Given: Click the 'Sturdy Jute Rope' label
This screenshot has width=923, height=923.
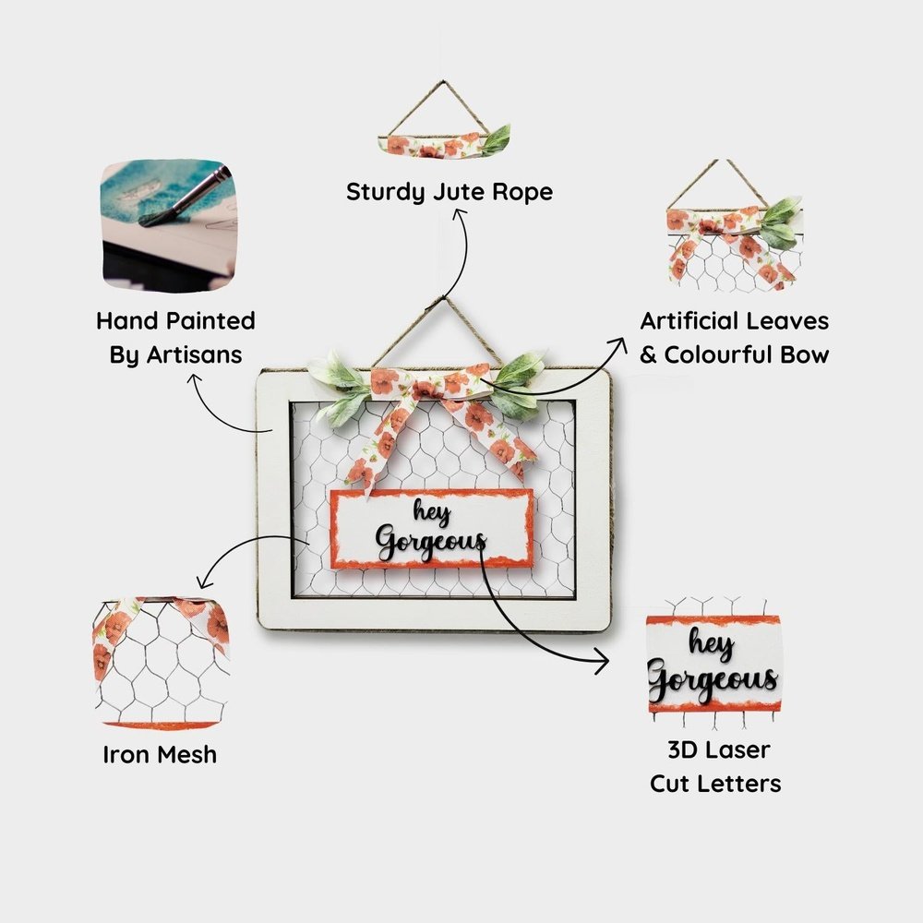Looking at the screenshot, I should tap(450, 192).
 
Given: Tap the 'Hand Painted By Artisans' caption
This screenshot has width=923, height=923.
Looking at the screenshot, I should tap(175, 338).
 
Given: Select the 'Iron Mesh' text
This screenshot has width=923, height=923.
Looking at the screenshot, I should tap(160, 754).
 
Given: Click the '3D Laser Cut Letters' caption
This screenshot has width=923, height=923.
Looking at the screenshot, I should tap(715, 766).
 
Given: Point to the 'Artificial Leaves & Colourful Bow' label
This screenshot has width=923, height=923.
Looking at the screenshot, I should tap(735, 338).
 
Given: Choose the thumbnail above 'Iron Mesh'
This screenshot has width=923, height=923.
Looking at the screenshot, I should tap(161, 661).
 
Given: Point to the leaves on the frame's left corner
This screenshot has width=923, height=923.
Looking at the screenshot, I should tap(336, 383).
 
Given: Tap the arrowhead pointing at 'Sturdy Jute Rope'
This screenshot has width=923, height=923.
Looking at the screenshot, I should tap(459, 216).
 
